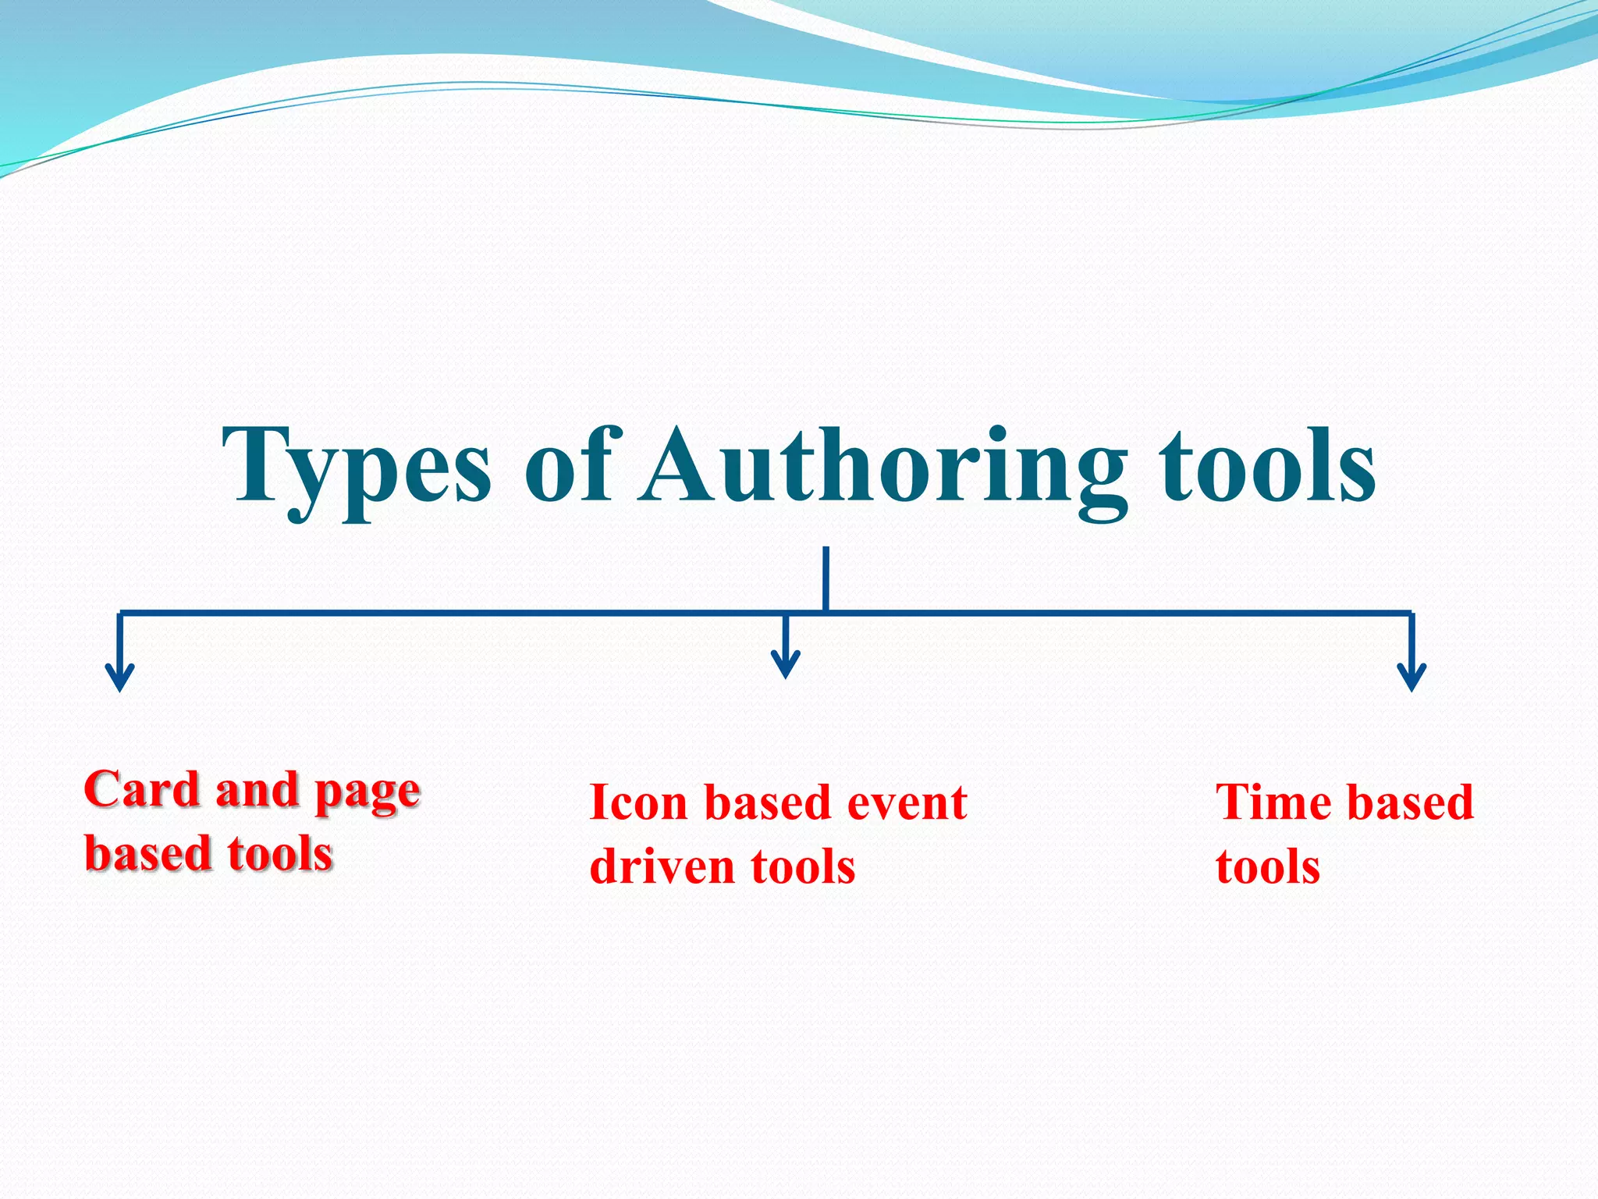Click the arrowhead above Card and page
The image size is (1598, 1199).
pos(119,678)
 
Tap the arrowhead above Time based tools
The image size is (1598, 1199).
pos(1412,678)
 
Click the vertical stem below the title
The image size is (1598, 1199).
pos(826,578)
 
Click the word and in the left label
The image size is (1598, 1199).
pos(257,790)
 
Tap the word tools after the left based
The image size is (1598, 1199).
pos(280,853)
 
